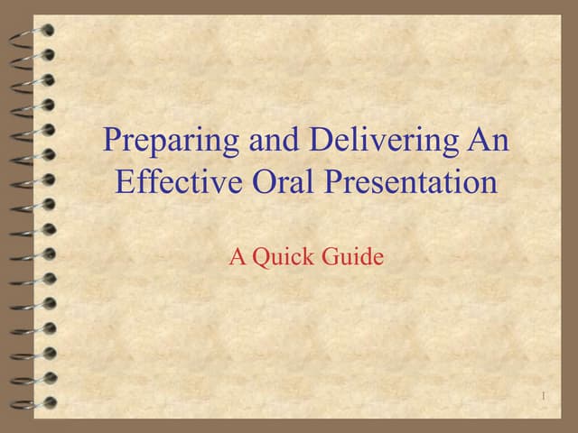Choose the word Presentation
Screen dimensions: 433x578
pyautogui.click(x=411, y=182)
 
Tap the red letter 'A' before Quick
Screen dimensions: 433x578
pyautogui.click(x=238, y=257)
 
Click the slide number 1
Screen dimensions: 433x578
pyautogui.click(x=545, y=397)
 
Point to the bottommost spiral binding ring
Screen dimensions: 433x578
pyautogui.click(x=34, y=401)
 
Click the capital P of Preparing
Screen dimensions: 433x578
pyautogui.click(x=113, y=141)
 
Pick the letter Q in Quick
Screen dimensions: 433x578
pyautogui.click(x=261, y=258)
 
